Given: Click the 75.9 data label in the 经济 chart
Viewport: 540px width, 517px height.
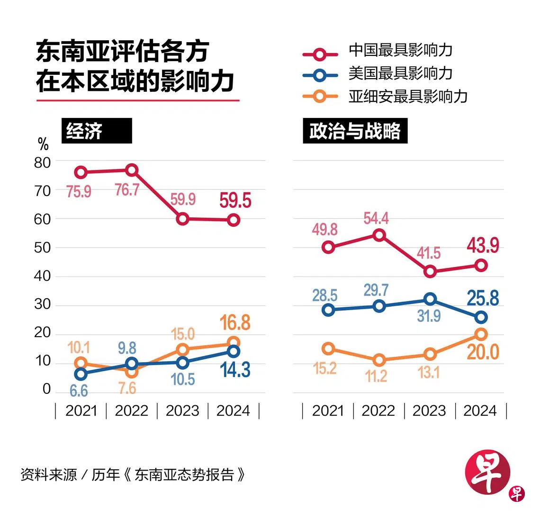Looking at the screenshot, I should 79,192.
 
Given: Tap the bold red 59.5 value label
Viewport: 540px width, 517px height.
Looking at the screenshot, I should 235,201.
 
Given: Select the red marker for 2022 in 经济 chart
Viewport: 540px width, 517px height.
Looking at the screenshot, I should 132,170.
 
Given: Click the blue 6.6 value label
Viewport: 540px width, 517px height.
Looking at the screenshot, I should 79,391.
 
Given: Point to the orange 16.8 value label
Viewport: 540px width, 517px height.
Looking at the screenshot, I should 235,322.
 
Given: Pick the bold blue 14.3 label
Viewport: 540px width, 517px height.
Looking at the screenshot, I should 235,370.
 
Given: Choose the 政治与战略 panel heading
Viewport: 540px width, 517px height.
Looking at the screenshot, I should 355,131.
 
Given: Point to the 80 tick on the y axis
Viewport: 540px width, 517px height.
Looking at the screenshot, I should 42,162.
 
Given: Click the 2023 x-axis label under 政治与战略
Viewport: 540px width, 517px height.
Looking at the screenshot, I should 429,410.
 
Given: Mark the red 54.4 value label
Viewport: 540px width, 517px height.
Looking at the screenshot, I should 376,218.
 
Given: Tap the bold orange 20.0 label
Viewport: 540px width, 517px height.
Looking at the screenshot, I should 483,352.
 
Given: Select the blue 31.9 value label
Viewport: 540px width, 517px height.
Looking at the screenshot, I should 429,316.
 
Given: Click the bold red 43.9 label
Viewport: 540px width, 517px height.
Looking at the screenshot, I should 483,246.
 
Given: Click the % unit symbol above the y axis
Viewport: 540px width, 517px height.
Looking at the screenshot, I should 43,143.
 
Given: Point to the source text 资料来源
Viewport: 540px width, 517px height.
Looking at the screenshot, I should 49,475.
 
